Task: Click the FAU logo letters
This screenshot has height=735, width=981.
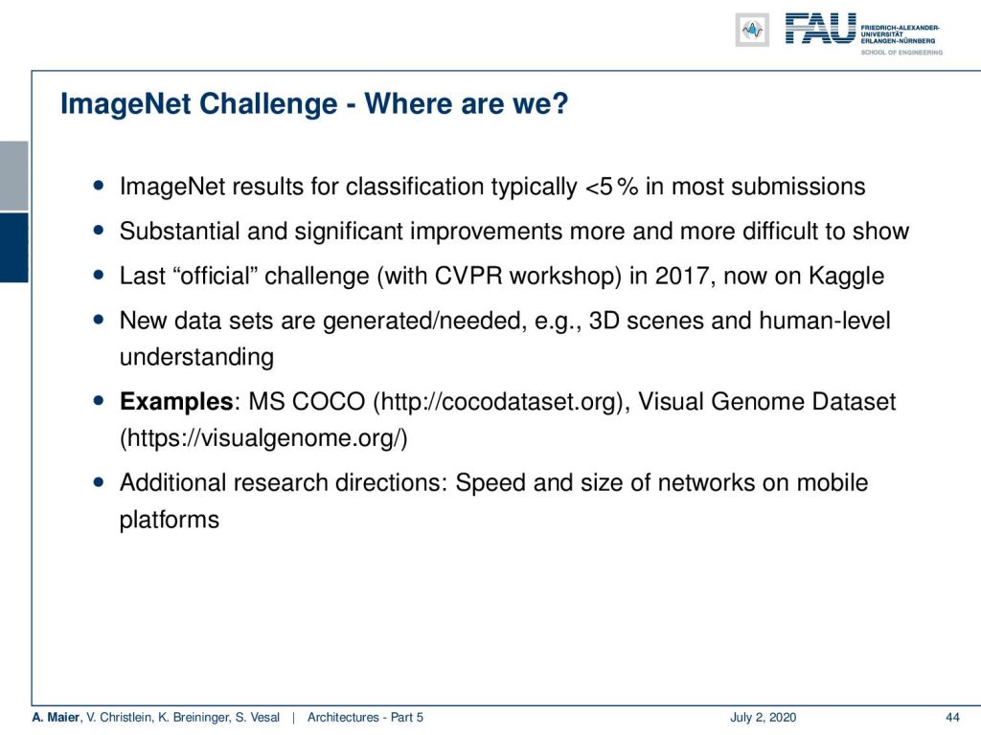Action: pyautogui.click(x=820, y=29)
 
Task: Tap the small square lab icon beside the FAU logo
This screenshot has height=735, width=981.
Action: pyautogui.click(x=752, y=30)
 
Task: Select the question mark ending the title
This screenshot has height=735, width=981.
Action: pyautogui.click(x=560, y=103)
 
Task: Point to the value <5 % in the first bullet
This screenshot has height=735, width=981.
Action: pyautogui.click(x=611, y=187)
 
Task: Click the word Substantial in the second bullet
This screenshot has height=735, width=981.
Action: pyautogui.click(x=179, y=232)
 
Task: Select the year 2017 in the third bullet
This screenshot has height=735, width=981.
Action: pyautogui.click(x=681, y=276)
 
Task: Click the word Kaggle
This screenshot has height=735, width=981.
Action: pyautogui.click(x=846, y=277)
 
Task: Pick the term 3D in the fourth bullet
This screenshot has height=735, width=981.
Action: pyautogui.click(x=604, y=321)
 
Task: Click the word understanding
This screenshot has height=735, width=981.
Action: pyautogui.click(x=196, y=358)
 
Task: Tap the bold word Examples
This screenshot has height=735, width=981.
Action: pyautogui.click(x=176, y=402)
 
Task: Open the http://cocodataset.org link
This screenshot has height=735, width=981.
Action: pyautogui.click(x=498, y=402)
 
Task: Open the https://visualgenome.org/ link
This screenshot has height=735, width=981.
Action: pyautogui.click(x=263, y=438)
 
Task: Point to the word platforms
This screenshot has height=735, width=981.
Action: pyautogui.click(x=170, y=520)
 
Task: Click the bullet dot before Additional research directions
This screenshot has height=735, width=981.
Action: pyautogui.click(x=99, y=482)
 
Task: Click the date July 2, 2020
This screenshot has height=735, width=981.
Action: pyautogui.click(x=763, y=718)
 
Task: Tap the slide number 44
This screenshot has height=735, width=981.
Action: pyautogui.click(x=952, y=718)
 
